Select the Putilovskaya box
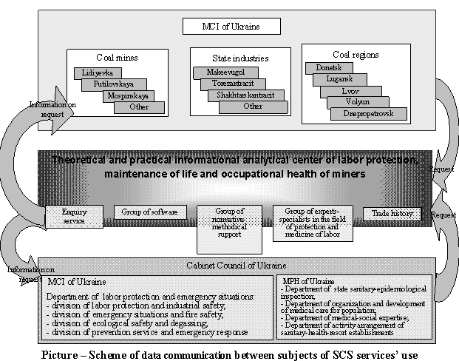pyautogui.click(x=113, y=84)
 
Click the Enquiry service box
pyautogui.click(x=75, y=216)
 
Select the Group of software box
pyautogui.click(x=149, y=212)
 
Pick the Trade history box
pyautogui.click(x=391, y=214)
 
